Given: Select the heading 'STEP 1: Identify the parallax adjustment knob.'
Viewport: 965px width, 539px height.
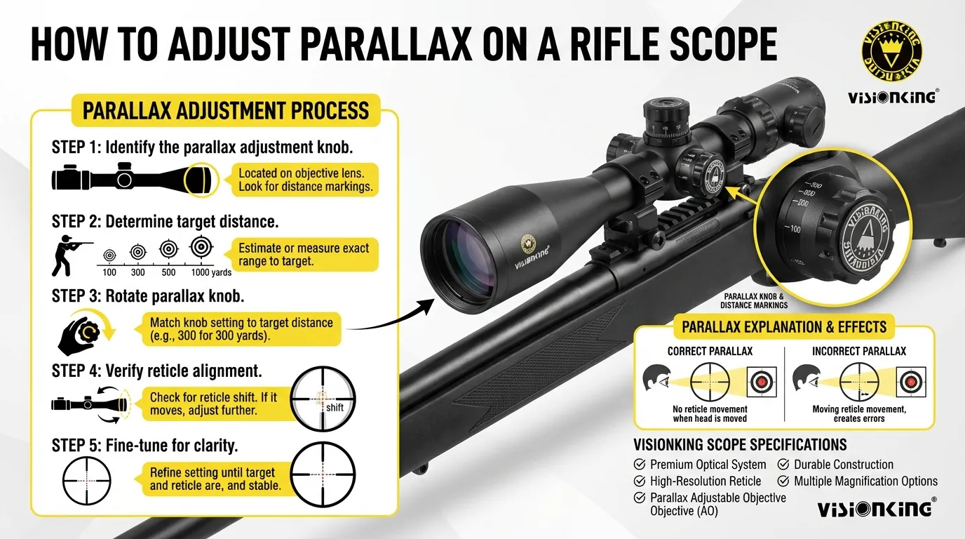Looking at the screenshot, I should [202, 147].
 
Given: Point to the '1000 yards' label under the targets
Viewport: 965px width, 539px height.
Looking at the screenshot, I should [211, 272].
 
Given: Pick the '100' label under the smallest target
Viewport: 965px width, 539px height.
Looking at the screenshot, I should [109, 272].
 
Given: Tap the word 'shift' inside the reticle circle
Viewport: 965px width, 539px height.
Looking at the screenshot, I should [335, 407].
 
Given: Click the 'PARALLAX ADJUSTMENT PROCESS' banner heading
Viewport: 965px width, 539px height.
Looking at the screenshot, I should [226, 111].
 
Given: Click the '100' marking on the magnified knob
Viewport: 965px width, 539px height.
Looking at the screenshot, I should [795, 229].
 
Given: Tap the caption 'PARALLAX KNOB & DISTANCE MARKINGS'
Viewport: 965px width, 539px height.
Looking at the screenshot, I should [754, 301].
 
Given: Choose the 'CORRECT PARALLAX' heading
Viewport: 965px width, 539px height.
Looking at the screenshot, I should [710, 351].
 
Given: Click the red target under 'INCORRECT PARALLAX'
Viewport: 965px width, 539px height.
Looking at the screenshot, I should [911, 382].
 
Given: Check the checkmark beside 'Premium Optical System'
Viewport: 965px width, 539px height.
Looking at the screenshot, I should [640, 465].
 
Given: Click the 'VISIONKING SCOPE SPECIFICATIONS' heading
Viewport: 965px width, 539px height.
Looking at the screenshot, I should [740, 444].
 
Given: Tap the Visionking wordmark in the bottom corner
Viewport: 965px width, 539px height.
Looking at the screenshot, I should [875, 508].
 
